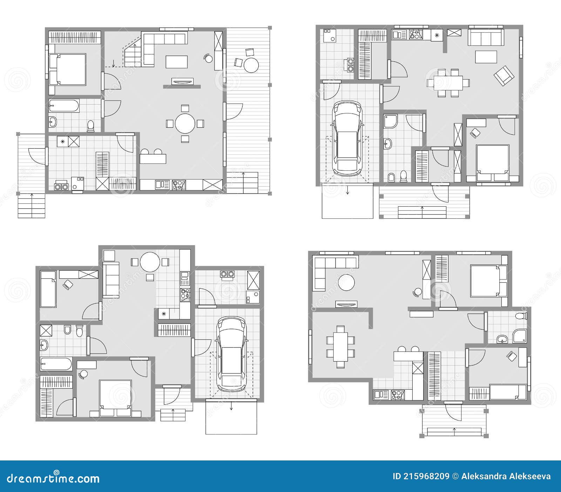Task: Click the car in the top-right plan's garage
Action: (x=347, y=137)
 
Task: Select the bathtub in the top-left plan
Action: (x=64, y=105)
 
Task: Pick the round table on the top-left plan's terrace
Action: (x=251, y=65)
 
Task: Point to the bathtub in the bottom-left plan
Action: (x=56, y=364)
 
